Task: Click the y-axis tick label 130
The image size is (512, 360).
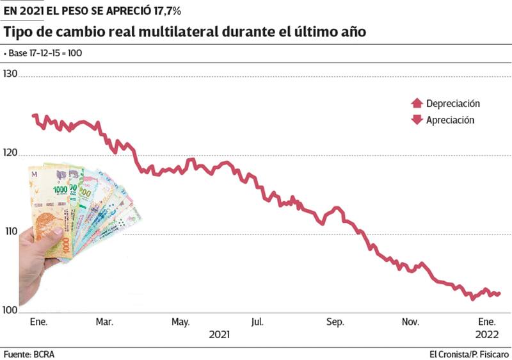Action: click(x=11, y=74)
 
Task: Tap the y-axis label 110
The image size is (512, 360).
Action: click(x=11, y=231)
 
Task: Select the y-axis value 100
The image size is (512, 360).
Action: click(x=11, y=311)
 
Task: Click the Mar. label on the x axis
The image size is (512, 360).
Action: click(x=104, y=322)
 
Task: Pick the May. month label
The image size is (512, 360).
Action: click(x=181, y=322)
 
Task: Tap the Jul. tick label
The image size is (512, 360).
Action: click(x=259, y=322)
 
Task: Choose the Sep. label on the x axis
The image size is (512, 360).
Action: click(x=335, y=322)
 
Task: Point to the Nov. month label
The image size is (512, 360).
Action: click(x=410, y=322)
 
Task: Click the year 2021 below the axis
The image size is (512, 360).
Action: click(x=220, y=334)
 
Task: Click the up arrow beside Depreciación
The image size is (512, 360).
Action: click(x=417, y=103)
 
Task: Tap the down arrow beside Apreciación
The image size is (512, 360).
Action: click(x=417, y=120)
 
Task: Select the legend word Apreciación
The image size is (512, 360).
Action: click(x=450, y=120)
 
